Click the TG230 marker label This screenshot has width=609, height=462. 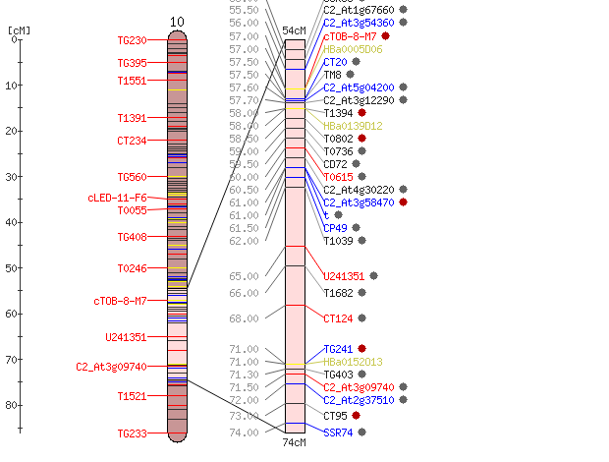click(x=132, y=40)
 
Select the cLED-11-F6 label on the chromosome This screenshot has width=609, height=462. click(x=117, y=198)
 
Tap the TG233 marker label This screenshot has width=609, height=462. click(x=132, y=433)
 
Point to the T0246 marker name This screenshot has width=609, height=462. click(x=132, y=268)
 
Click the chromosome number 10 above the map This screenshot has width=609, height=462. click(x=177, y=22)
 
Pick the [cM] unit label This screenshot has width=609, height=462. click(x=19, y=30)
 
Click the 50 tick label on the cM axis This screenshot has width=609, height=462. click(x=11, y=268)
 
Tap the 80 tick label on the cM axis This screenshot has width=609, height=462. click(x=11, y=405)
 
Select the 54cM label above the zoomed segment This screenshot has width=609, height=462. click(x=294, y=30)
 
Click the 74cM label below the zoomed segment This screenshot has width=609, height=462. click(x=294, y=442)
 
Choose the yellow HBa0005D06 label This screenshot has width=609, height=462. click(x=353, y=49)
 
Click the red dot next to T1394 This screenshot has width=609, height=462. click(x=362, y=113)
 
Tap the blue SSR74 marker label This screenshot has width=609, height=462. click(x=338, y=433)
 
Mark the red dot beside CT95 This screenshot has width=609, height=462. click(x=356, y=416)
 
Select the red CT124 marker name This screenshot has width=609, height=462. click(x=338, y=318)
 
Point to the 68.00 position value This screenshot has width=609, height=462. click(x=244, y=318)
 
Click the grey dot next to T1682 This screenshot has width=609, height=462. click(x=362, y=292)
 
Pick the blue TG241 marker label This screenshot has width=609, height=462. click(x=338, y=349)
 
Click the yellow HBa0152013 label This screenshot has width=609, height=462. click(x=353, y=362)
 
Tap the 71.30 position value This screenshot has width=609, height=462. click(x=244, y=375)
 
